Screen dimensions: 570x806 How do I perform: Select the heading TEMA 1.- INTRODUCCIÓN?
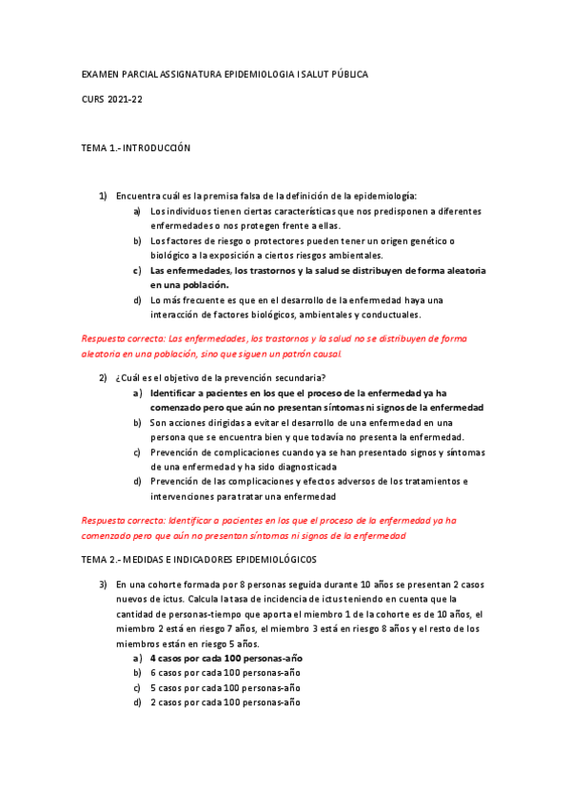136,148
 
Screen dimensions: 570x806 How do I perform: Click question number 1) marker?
104,196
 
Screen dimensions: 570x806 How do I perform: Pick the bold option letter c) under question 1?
139,271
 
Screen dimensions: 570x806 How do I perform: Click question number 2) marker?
104,377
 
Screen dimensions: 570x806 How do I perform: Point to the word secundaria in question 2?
273,377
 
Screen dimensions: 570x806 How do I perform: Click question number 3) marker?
104,585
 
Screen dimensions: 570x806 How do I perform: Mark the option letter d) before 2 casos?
139,702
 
